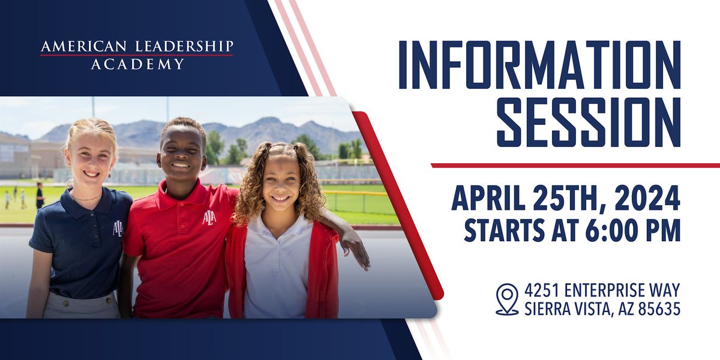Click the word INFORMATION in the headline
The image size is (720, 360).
(539, 65)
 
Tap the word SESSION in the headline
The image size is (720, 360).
(589, 122)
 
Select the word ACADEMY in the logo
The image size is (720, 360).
(137, 64)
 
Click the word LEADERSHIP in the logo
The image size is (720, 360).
(184, 46)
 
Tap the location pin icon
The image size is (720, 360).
(507, 299)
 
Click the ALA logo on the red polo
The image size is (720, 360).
(209, 218)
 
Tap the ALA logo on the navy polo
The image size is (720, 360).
(118, 229)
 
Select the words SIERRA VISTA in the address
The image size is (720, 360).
(566, 309)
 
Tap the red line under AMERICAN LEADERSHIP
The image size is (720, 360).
(137, 55)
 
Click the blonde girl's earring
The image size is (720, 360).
(110, 176)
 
